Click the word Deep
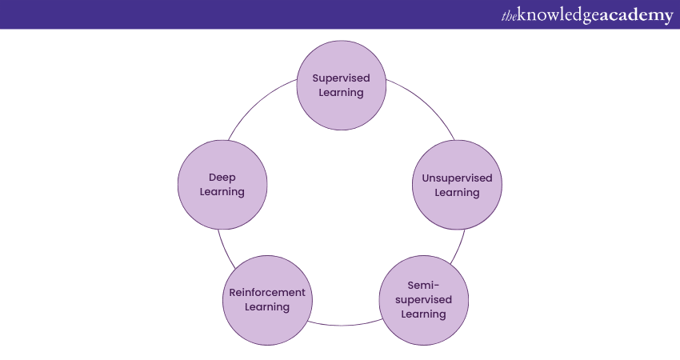tap(222, 177)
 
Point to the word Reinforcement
tap(268, 292)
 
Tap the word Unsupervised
tap(457, 178)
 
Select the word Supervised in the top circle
tap(342, 78)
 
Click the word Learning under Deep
tap(222, 192)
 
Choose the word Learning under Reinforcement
tap(268, 306)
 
